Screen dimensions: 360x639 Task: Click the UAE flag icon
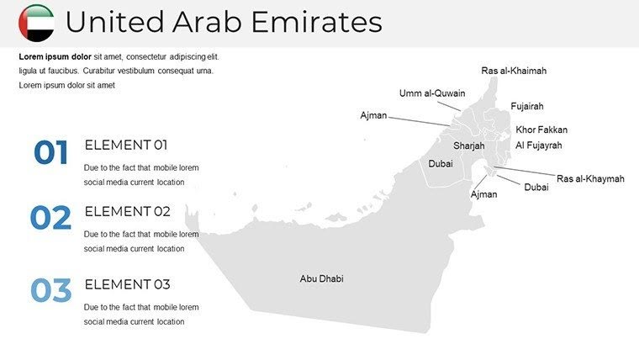(x=36, y=23)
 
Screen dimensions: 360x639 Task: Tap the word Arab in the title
(x=204, y=23)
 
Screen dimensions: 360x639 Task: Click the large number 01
(x=50, y=153)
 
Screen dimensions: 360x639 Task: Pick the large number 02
(x=50, y=219)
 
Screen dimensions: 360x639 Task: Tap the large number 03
(x=50, y=291)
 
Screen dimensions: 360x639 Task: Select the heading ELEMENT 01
(x=126, y=145)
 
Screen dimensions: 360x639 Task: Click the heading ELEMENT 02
(x=127, y=211)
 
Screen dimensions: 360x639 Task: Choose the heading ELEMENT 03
(x=127, y=283)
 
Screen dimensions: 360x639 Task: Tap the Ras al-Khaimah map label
(x=514, y=71)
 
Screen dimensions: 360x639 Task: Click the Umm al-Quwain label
(x=432, y=93)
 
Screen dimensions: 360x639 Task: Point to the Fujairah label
(x=527, y=107)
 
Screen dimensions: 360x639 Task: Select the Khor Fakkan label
(x=541, y=130)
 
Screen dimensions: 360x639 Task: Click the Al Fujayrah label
(x=538, y=146)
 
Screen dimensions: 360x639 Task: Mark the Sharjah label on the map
(x=469, y=146)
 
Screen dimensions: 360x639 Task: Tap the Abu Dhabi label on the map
(x=321, y=278)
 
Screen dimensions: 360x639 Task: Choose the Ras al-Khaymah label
(x=590, y=179)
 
